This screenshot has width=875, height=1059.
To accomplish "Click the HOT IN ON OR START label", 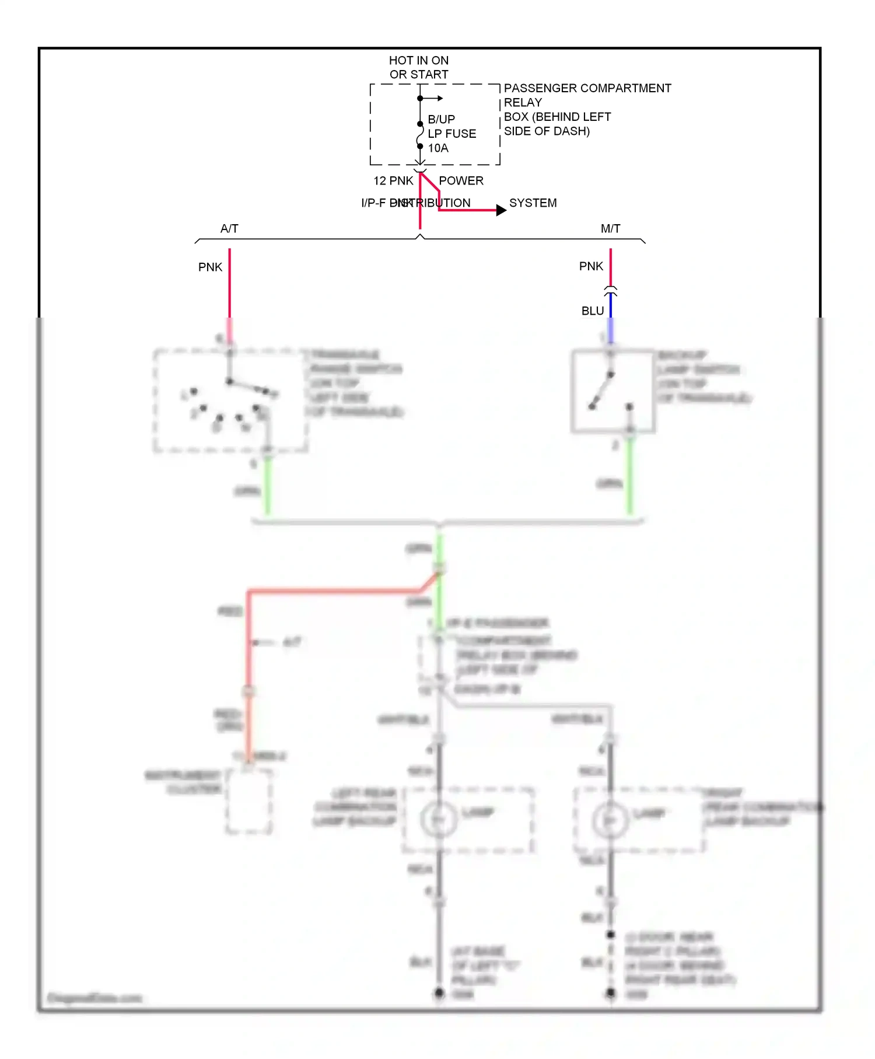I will click(419, 67).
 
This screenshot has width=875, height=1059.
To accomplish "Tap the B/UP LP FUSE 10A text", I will click(452, 134).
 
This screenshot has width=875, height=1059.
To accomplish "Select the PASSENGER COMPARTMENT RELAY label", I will click(587, 95).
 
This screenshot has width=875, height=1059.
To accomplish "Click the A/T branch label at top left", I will click(229, 229).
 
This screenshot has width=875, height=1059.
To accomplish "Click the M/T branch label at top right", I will click(610, 229).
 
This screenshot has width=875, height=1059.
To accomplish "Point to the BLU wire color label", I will click(592, 311).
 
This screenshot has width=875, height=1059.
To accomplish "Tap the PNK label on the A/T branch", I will click(210, 267).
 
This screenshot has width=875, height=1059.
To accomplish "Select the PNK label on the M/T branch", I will click(591, 266).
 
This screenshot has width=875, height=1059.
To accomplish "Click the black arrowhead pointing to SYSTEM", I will click(501, 210).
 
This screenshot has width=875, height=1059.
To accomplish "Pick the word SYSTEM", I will click(533, 203).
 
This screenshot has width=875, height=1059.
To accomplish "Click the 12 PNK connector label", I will click(393, 181).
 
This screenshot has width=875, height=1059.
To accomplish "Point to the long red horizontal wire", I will click(332, 591).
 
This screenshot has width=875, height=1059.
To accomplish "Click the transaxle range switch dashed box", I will click(230, 402).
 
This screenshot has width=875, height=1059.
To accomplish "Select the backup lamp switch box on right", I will click(612, 391).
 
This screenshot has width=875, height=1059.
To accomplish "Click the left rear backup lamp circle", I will click(439, 820).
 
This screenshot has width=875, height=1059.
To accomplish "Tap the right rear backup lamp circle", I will click(610, 820).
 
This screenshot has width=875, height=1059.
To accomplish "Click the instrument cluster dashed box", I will click(249, 801).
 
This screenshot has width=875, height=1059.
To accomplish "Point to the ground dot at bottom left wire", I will click(439, 992).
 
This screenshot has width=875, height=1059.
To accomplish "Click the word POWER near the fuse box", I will click(461, 181).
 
